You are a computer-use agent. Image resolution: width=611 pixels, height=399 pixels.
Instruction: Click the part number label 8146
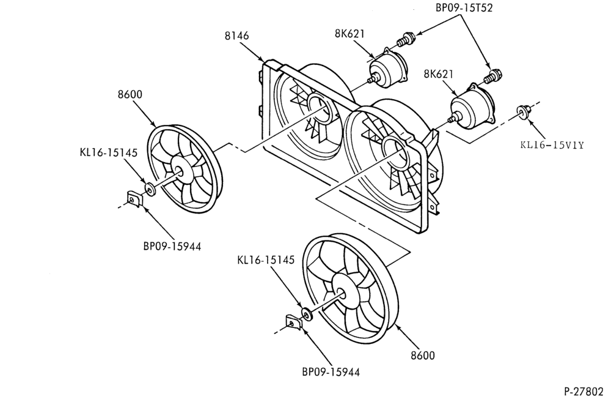[x=236, y=35]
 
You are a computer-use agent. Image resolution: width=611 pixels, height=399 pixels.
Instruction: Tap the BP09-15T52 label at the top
[x=464, y=7]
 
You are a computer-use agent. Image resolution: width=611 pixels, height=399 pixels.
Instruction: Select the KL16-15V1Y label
[x=552, y=145]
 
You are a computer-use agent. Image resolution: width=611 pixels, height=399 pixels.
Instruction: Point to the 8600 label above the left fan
[x=130, y=94]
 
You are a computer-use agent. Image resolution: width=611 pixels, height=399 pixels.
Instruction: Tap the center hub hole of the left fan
[x=179, y=170]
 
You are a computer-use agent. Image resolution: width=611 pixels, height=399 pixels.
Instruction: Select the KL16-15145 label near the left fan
[x=109, y=152]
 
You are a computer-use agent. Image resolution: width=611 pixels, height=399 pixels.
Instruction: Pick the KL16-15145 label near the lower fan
[x=266, y=259]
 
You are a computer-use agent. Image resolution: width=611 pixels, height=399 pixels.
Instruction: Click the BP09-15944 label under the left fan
[x=172, y=247]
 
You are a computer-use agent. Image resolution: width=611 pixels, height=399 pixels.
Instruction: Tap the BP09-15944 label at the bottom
[x=331, y=371]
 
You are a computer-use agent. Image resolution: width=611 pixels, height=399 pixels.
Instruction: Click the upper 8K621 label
[x=349, y=34]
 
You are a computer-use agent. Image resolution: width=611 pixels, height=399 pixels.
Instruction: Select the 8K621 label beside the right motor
[x=438, y=74]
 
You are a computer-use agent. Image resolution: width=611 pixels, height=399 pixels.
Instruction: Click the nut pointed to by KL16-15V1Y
[x=522, y=111]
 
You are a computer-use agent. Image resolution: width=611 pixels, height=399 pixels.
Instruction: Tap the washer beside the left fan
[x=149, y=189]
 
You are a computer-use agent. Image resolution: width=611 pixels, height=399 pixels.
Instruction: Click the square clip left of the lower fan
[x=293, y=322]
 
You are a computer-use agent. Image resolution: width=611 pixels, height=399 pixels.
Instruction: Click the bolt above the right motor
[x=493, y=76]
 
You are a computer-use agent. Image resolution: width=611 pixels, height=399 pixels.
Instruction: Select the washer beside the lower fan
[x=307, y=314]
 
